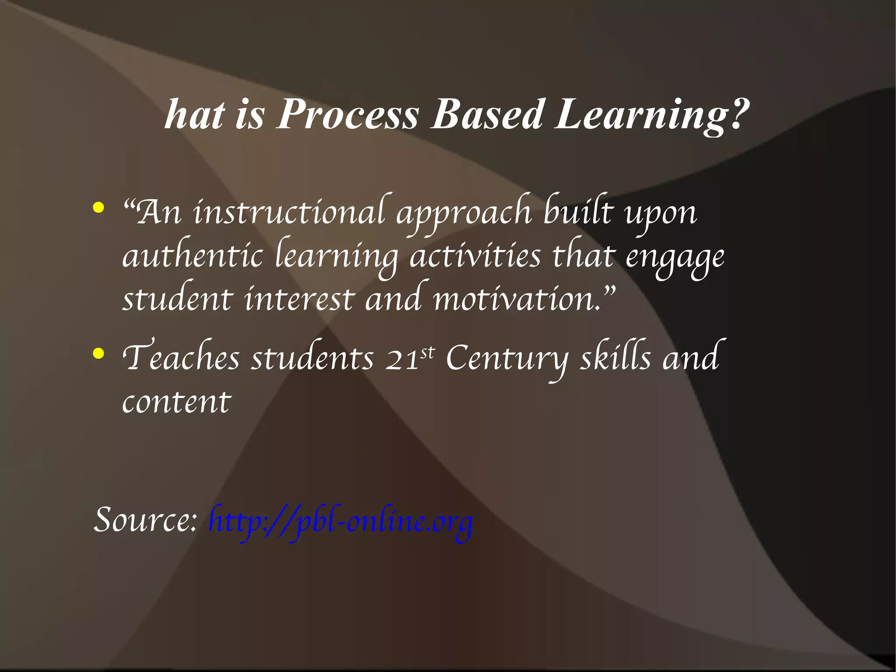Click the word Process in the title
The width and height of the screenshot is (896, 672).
point(348,115)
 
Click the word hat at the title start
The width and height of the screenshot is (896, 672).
point(194,115)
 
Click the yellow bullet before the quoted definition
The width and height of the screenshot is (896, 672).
point(98,208)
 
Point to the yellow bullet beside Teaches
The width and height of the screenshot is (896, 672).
point(98,353)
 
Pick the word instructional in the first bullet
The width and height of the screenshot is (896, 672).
point(289,212)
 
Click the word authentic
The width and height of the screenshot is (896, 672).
point(192,256)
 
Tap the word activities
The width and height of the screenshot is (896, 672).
point(475,256)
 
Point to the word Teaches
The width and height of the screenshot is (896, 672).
point(181,357)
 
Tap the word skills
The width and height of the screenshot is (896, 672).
point(616,357)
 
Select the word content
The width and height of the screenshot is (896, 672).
point(176,401)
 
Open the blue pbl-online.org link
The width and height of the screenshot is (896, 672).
point(341,522)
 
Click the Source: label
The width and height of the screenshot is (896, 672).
point(146,520)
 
